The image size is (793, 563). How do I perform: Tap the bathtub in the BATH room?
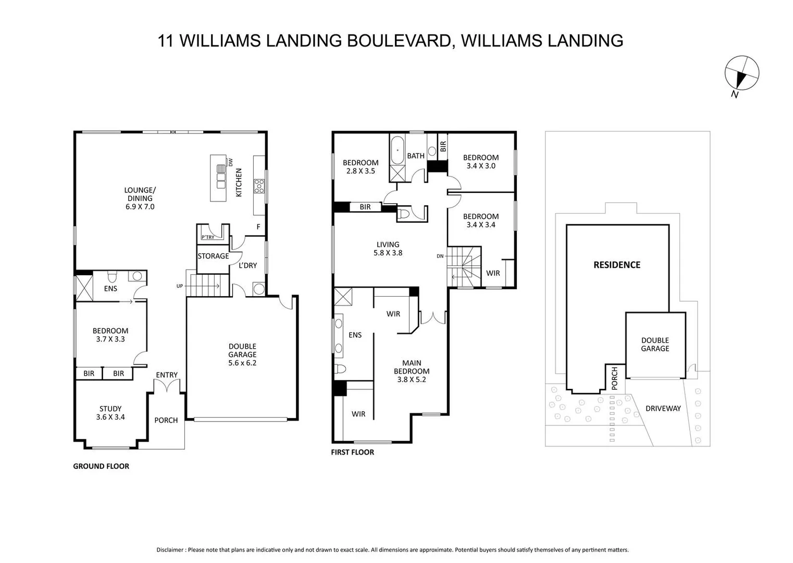tap(397, 150)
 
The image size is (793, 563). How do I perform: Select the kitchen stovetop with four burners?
tap(259, 186)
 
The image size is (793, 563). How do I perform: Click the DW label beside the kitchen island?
tap(231, 162)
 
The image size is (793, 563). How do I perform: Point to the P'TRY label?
tap(208, 237)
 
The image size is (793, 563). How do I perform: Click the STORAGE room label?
tap(213, 256)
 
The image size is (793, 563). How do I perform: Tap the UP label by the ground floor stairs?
tap(179, 286)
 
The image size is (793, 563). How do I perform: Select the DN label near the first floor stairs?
tap(440, 256)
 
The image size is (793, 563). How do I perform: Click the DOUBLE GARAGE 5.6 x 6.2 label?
tap(242, 354)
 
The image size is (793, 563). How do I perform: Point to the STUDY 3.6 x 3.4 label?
tap(110, 413)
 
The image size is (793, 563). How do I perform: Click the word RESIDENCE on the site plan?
tap(617, 265)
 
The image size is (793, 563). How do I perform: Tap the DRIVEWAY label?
tap(663, 408)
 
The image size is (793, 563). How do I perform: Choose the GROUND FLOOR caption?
tap(101, 466)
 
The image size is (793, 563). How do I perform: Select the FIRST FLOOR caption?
tap(352, 452)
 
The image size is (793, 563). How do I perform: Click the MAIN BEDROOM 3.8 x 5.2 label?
tap(412, 371)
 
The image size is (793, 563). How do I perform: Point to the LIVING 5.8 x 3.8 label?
tap(388, 248)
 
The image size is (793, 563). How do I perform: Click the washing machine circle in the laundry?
tap(259, 289)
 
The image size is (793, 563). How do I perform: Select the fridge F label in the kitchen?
tap(258, 227)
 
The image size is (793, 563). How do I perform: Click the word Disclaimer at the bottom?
tap(170, 550)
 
